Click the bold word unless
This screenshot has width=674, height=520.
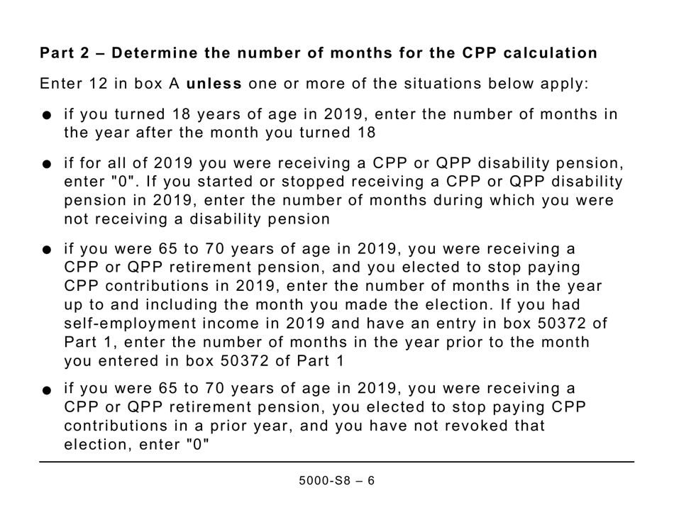point(214,84)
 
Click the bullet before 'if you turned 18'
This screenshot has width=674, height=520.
point(47,116)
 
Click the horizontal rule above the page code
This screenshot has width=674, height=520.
point(337,462)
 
